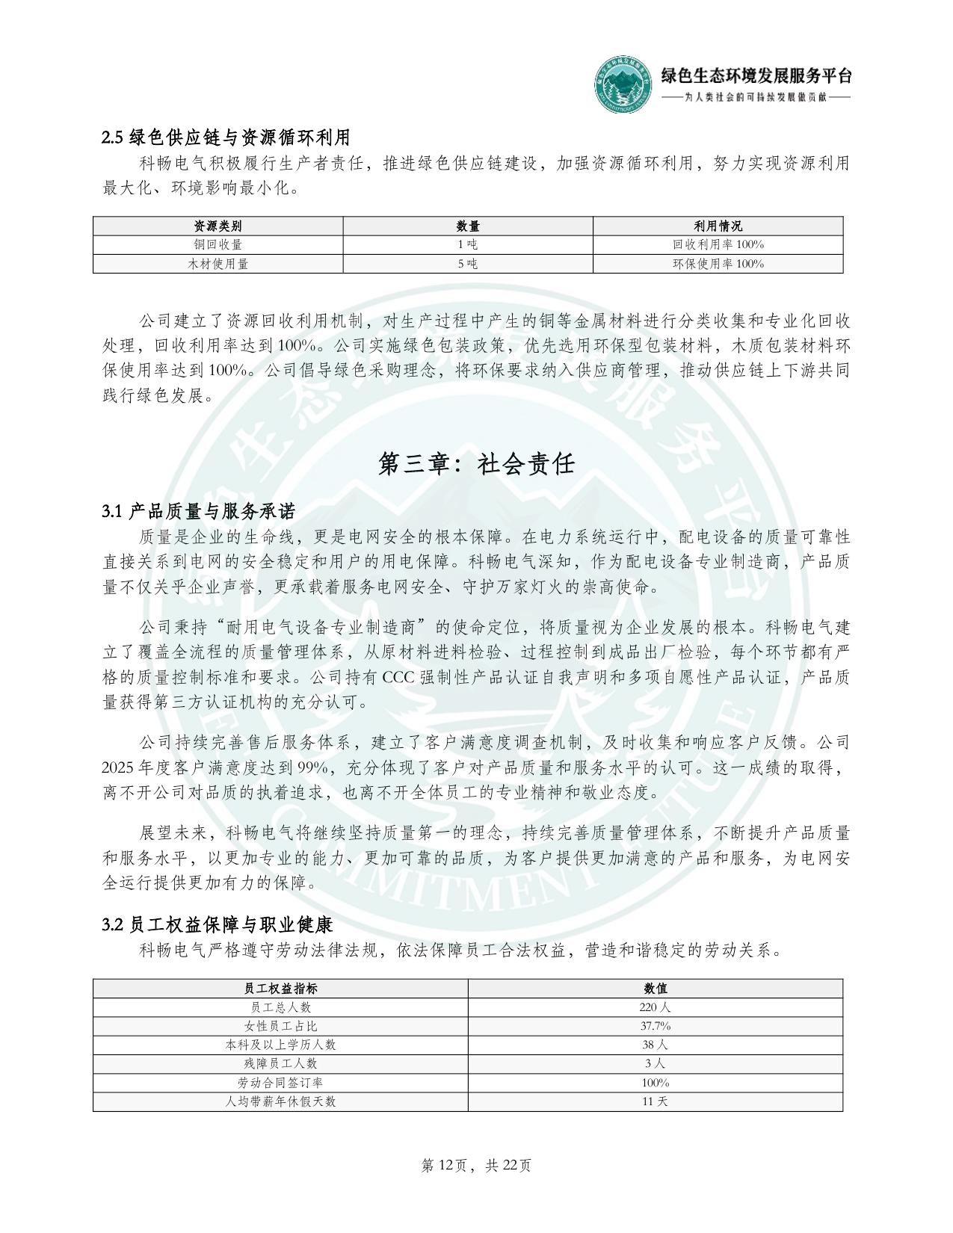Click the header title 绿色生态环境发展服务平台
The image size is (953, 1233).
click(756, 75)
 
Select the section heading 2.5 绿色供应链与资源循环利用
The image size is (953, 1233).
click(226, 137)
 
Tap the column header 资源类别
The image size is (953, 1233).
click(218, 226)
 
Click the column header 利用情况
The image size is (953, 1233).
click(718, 226)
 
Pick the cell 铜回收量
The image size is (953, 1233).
click(218, 244)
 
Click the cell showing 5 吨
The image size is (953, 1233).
click(467, 263)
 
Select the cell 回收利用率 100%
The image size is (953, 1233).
click(718, 244)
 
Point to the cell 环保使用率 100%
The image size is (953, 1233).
click(718, 263)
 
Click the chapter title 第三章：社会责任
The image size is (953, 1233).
click(476, 463)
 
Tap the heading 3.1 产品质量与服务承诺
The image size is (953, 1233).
click(199, 511)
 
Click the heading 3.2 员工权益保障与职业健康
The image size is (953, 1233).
click(217, 924)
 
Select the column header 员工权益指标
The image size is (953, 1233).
click(280, 988)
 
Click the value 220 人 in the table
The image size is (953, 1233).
click(655, 1007)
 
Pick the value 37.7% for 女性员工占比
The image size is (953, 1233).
click(655, 1026)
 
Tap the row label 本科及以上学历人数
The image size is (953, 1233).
click(280, 1045)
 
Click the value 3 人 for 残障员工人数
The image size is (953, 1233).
click(655, 1063)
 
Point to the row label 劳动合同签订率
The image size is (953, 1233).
click(280, 1082)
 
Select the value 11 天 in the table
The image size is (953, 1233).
click(655, 1101)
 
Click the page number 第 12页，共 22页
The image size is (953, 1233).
click(476, 1165)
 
